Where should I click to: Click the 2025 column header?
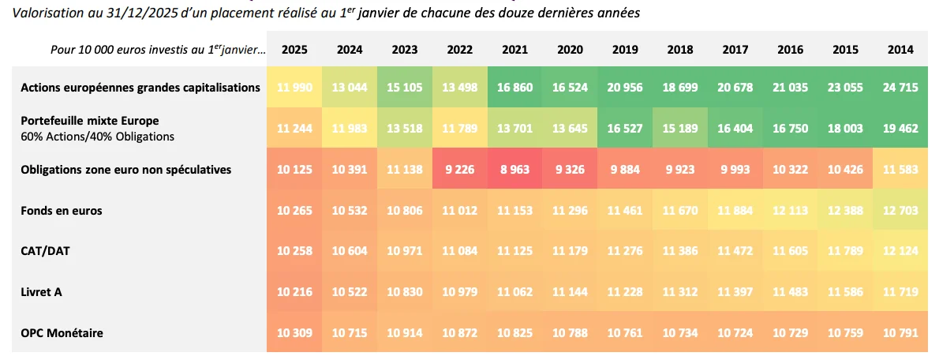294,49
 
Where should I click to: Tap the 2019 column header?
624,49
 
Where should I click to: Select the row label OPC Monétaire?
62,333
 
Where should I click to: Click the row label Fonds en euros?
62,211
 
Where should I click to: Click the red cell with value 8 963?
514,170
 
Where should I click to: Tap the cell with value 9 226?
459,170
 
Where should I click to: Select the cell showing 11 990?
294,88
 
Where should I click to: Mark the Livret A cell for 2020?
570,292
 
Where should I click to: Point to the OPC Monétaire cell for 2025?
294,333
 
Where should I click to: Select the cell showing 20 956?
624,88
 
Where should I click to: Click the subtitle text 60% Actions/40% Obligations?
98,137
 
